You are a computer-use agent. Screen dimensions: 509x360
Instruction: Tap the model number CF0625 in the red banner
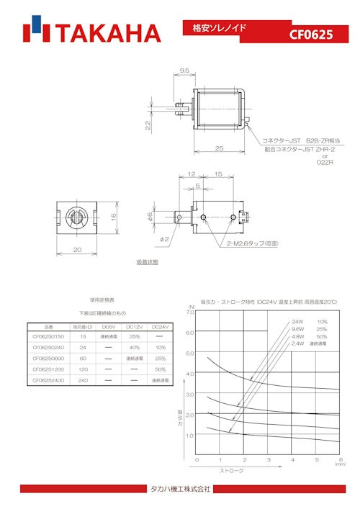pos(311,35)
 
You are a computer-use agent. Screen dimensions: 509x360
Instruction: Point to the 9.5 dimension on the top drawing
pos(184,71)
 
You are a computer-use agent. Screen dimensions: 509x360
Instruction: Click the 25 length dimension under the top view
pos(219,148)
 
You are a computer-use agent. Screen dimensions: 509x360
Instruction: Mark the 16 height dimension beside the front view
pos(114,217)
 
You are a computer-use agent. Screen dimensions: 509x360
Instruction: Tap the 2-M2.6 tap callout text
pos(249,243)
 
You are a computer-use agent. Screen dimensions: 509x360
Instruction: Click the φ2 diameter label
pos(165,238)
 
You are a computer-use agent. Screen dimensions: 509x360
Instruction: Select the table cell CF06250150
pos(48,336)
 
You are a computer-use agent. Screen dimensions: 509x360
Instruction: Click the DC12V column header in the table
pos(135,326)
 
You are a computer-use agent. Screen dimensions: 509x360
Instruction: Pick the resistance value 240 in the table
pos(84,379)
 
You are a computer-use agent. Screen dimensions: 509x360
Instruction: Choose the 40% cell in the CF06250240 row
pos(135,347)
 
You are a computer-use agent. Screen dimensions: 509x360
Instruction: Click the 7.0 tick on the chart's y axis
pos(190,333)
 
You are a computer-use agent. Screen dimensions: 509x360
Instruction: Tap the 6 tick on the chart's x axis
pos(340,459)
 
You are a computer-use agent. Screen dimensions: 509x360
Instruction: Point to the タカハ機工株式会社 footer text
pos(179,489)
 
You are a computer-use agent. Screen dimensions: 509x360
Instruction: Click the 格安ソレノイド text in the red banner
pos(219,27)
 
